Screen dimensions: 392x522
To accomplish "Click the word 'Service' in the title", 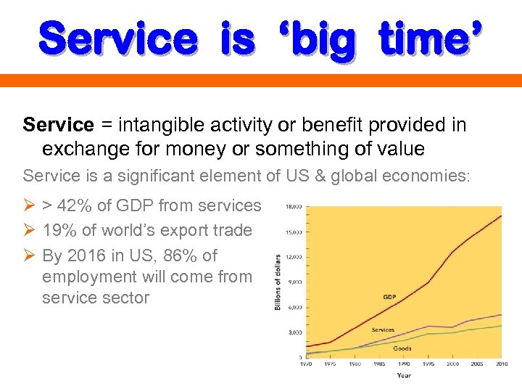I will click(117, 39).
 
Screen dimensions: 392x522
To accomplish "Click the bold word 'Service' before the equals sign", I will click(58, 125).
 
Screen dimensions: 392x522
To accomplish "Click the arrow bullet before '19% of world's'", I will click(29, 231).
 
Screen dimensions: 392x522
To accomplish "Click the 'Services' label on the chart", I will click(384, 330).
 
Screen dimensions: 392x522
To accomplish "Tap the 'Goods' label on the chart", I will click(402, 348).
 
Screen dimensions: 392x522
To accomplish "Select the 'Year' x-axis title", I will click(403, 375).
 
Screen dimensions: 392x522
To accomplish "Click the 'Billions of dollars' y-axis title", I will click(278, 282).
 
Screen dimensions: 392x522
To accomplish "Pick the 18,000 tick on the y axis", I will click(294, 207).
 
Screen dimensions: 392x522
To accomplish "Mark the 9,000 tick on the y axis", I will click(295, 282).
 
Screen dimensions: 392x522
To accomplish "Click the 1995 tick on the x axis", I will click(428, 363).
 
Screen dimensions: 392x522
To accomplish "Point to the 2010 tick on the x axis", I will click(500, 363).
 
